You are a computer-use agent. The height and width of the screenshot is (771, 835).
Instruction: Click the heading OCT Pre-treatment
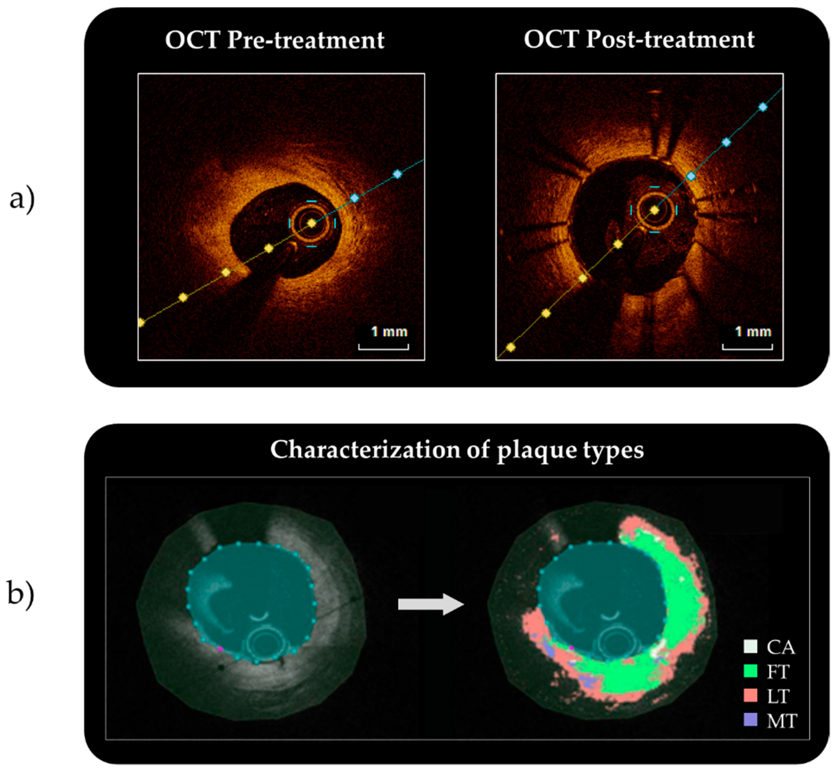[x=274, y=40]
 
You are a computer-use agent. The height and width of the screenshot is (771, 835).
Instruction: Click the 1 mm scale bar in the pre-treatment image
[x=383, y=346]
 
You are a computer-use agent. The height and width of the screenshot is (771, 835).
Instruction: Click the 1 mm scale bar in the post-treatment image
[x=747, y=346]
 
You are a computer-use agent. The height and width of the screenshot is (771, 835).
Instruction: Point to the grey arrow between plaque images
[x=431, y=604]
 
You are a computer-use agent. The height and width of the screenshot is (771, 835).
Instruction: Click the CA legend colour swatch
[x=750, y=646]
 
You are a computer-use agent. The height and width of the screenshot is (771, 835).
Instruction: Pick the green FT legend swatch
[x=750, y=671]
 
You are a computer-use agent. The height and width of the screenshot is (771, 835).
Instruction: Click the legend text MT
[x=781, y=721]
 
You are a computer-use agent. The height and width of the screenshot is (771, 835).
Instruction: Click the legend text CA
[x=780, y=647]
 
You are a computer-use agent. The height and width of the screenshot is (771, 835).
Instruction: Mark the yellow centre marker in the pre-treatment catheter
[x=311, y=224]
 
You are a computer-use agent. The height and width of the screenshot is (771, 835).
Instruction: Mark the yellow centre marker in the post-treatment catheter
[x=654, y=210]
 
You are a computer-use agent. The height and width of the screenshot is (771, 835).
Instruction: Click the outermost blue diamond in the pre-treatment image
[x=397, y=174]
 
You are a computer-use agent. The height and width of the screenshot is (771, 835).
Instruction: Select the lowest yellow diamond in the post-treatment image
[x=511, y=347]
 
